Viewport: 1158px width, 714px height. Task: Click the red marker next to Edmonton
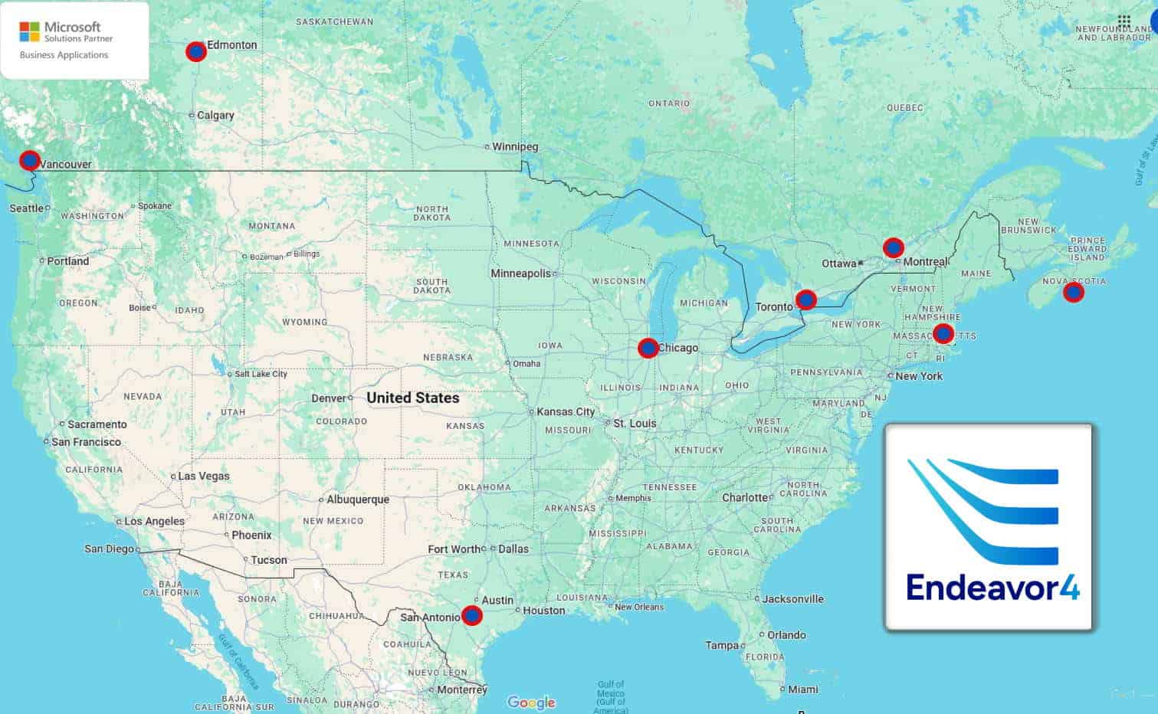click(x=196, y=51)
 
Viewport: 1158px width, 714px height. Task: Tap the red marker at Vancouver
click(x=29, y=160)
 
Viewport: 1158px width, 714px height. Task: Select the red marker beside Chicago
click(x=648, y=349)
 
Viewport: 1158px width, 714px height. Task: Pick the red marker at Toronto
click(x=805, y=300)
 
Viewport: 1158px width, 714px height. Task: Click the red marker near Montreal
click(x=893, y=247)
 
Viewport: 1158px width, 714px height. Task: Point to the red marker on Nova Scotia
click(x=1074, y=292)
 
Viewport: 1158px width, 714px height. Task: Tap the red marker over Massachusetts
click(x=943, y=333)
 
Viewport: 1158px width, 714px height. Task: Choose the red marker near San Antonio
click(x=472, y=615)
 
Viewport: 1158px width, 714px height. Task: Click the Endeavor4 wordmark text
click(x=992, y=588)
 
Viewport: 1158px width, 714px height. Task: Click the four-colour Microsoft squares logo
click(x=29, y=31)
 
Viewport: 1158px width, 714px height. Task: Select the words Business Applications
click(x=64, y=55)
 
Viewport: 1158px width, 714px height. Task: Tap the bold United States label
click(x=412, y=398)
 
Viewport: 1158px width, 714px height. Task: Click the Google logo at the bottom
click(x=531, y=703)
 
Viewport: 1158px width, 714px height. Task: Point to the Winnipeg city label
click(x=515, y=146)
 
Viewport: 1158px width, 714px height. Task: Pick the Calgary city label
click(x=215, y=115)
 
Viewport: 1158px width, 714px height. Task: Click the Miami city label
click(x=803, y=689)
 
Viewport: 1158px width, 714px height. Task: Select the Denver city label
click(x=329, y=398)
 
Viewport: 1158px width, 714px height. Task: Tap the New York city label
click(x=919, y=376)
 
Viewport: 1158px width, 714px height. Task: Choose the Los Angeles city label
click(x=154, y=521)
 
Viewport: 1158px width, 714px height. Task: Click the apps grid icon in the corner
click(x=1124, y=21)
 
